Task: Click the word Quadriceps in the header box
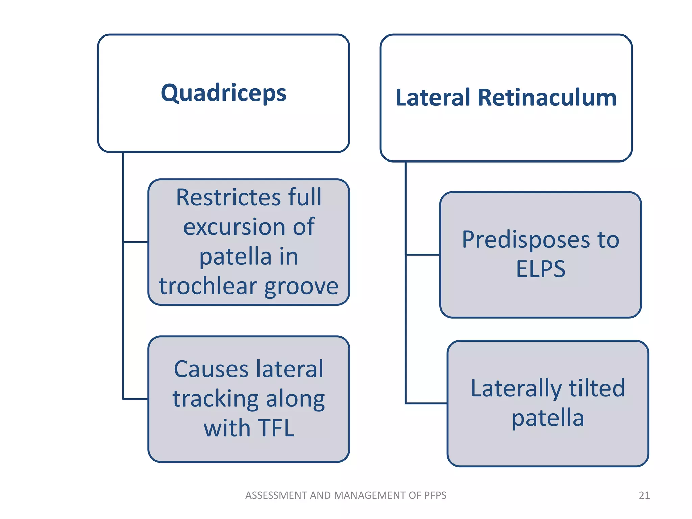(x=223, y=93)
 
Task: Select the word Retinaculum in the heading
(x=547, y=98)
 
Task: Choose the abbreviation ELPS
(x=540, y=269)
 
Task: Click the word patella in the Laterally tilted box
(x=548, y=418)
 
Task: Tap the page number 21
(x=644, y=495)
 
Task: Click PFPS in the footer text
(x=434, y=495)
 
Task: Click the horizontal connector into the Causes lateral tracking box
(x=136, y=399)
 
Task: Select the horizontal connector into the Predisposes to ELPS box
(x=423, y=255)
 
